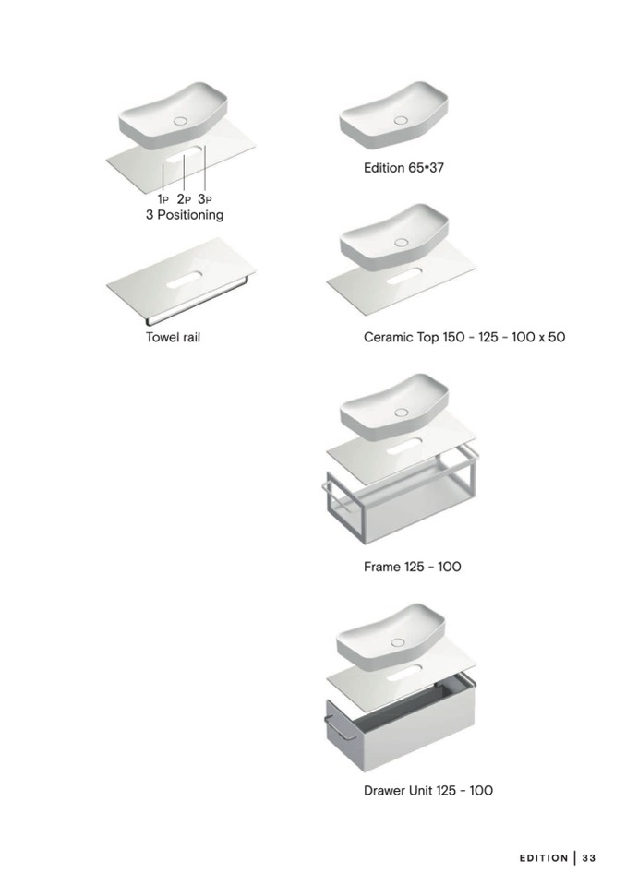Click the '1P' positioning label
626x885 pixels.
[163, 199]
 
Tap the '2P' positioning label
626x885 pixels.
[184, 199]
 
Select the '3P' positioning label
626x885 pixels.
[205, 199]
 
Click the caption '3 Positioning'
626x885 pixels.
[185, 215]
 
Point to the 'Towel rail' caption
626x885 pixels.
[174, 337]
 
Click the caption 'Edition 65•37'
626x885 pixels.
[403, 168]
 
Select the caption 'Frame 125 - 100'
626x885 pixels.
[412, 567]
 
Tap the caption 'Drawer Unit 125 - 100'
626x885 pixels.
[427, 790]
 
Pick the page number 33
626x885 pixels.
[589, 858]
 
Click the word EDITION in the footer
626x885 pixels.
[544, 858]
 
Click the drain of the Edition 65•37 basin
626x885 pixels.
[402, 120]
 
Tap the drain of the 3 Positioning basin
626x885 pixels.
[181, 121]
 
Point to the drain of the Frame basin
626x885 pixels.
[402, 412]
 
